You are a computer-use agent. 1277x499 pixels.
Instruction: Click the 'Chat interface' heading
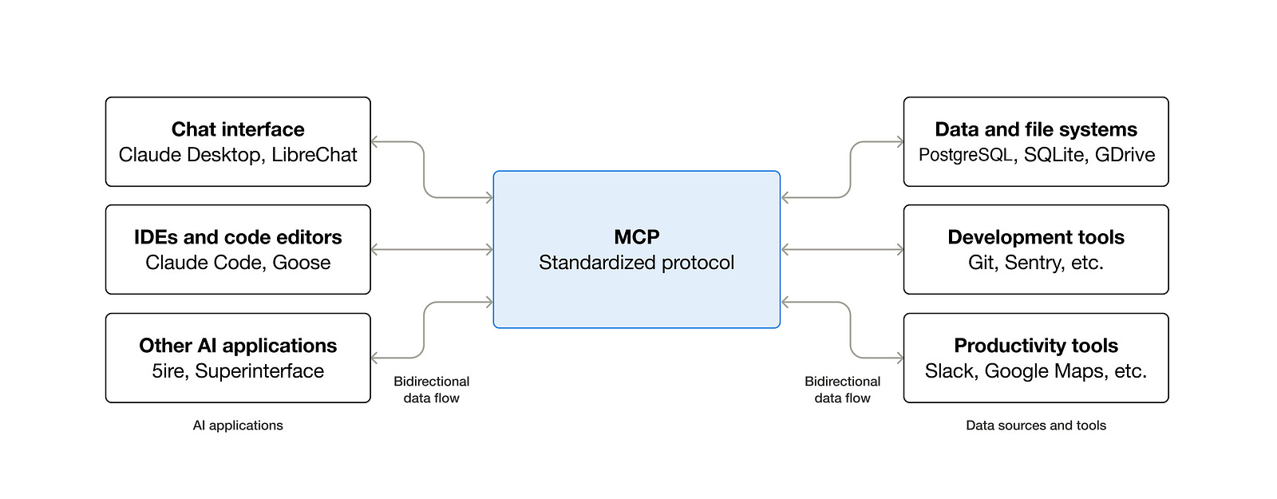pyautogui.click(x=238, y=129)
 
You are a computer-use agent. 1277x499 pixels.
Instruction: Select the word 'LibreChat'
pyautogui.click(x=314, y=155)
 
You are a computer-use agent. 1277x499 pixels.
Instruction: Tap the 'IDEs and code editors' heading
pyautogui.click(x=238, y=237)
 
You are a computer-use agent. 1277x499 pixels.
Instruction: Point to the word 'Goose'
pyautogui.click(x=301, y=263)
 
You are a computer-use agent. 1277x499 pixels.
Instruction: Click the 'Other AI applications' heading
pyautogui.click(x=238, y=346)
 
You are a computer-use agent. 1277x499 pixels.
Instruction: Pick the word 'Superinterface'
pyautogui.click(x=259, y=370)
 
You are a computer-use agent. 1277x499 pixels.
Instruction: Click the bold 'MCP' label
pyautogui.click(x=637, y=236)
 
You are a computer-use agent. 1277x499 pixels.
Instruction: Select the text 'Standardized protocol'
pyautogui.click(x=636, y=263)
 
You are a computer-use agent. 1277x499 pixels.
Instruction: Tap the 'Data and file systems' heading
pyautogui.click(x=1036, y=129)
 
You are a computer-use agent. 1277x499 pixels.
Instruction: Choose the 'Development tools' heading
pyautogui.click(x=1036, y=237)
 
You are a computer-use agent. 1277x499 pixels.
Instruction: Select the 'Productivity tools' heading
pyautogui.click(x=1036, y=346)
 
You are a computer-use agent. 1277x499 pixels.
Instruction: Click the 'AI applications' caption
pyautogui.click(x=238, y=426)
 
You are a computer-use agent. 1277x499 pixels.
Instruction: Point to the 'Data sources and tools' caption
pyautogui.click(x=1036, y=426)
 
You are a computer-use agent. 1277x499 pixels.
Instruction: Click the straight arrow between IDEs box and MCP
pyautogui.click(x=432, y=249)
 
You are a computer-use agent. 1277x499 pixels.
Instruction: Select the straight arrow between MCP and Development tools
pyautogui.click(x=842, y=249)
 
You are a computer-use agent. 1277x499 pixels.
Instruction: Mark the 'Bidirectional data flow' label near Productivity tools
pyautogui.click(x=843, y=390)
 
